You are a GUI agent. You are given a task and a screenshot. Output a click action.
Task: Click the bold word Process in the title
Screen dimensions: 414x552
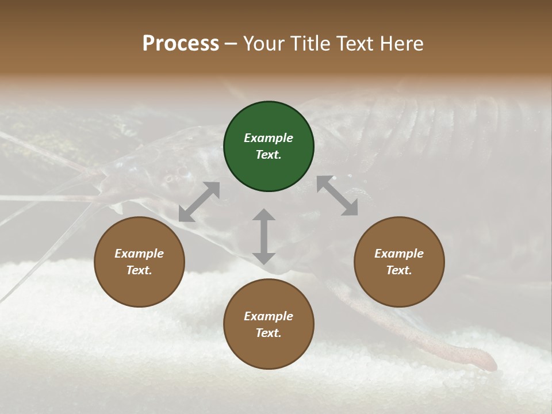coord(181,44)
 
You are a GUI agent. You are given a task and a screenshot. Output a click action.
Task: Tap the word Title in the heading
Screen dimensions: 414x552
coord(311,44)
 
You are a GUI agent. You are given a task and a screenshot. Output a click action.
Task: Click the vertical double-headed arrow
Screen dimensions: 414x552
coord(264,236)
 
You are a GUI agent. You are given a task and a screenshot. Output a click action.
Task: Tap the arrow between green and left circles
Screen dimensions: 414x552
coord(199,202)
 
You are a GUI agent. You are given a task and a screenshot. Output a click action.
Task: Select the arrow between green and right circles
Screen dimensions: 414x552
coord(337,195)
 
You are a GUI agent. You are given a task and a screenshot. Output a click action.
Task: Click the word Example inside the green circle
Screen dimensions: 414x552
coord(269,138)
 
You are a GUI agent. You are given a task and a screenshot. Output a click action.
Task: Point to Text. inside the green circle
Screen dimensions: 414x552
coord(269,155)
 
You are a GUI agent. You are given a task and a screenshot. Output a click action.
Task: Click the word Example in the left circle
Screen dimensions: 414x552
coord(139,254)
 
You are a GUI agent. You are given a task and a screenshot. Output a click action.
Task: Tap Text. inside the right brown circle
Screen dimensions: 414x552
coord(399,270)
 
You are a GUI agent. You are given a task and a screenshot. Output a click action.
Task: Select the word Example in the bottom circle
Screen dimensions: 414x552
coord(269,316)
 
